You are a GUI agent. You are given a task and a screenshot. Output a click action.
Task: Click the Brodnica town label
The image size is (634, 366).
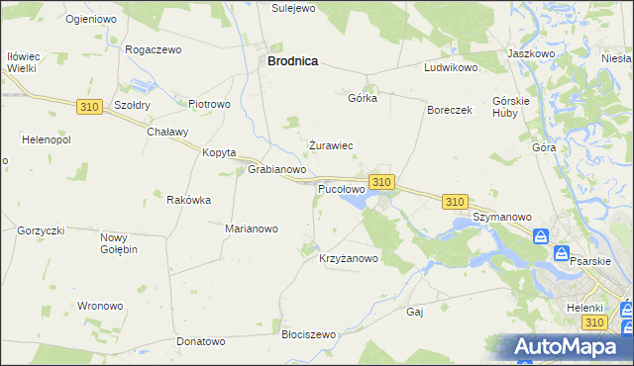(x=292, y=60)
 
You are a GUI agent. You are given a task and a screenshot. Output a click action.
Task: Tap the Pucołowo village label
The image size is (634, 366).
(x=341, y=188)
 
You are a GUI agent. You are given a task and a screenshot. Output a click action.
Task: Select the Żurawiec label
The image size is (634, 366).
(x=331, y=145)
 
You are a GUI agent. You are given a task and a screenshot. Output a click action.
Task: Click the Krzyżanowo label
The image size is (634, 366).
(x=349, y=259)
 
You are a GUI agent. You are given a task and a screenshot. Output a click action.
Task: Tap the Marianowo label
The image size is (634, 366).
(x=252, y=229)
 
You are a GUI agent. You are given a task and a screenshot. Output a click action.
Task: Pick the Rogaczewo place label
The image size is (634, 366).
(x=155, y=48)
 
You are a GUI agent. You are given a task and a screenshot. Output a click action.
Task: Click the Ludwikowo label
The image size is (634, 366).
(x=451, y=68)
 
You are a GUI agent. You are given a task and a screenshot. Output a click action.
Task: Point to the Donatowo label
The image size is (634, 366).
(x=201, y=341)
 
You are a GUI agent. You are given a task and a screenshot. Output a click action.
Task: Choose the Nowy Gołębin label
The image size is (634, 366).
(x=118, y=242)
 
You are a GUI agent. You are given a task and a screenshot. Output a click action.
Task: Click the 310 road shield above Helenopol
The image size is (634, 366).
(x=87, y=105)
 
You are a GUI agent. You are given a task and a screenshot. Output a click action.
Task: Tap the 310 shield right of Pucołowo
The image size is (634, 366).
(x=382, y=182)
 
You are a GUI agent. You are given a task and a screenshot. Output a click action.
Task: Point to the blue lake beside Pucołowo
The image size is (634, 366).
(x=355, y=202)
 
